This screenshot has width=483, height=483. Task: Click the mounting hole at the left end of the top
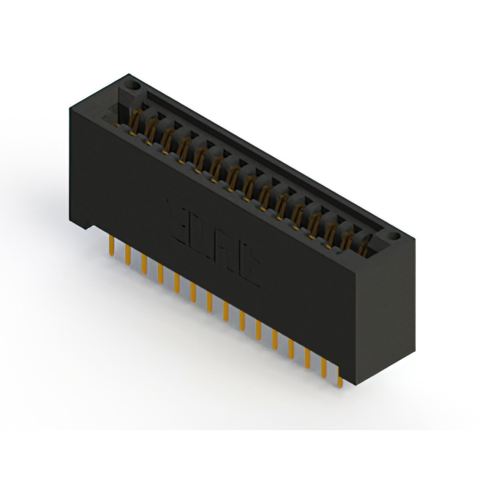point(134,86)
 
